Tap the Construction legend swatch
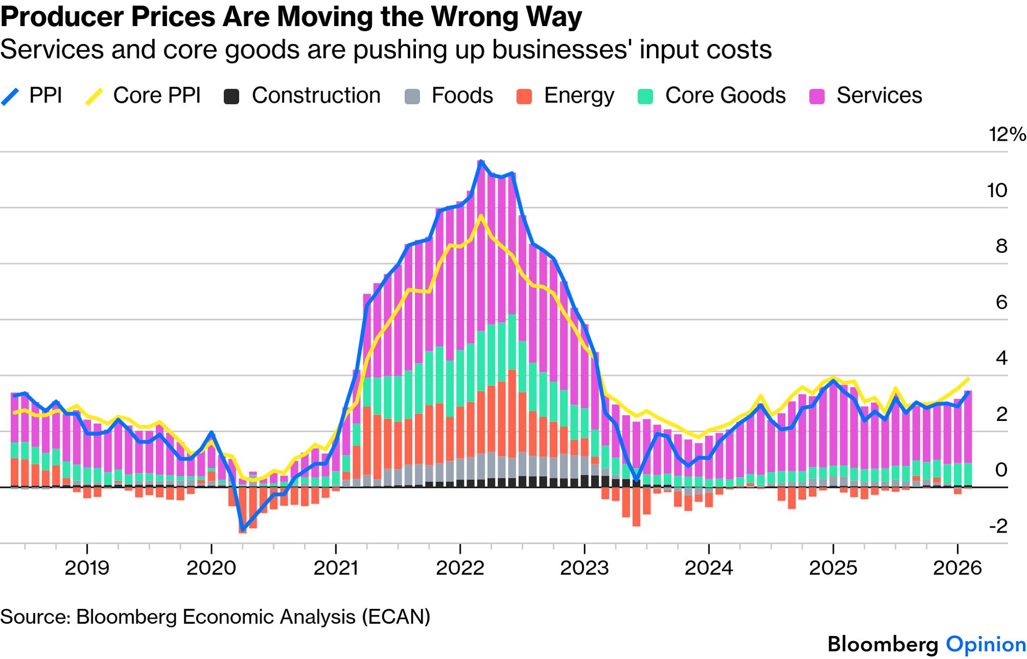(x=232, y=96)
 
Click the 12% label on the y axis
(x=1007, y=135)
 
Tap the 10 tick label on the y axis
(x=997, y=190)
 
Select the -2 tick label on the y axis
(x=998, y=526)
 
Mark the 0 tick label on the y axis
(x=1001, y=470)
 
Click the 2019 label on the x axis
(x=87, y=568)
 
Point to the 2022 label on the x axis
(x=460, y=568)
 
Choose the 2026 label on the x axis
(x=957, y=568)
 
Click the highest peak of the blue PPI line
(x=481, y=161)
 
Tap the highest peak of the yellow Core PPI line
(x=481, y=216)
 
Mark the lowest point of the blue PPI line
(x=242, y=530)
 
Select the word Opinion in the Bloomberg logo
(x=986, y=644)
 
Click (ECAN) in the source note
(x=396, y=617)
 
